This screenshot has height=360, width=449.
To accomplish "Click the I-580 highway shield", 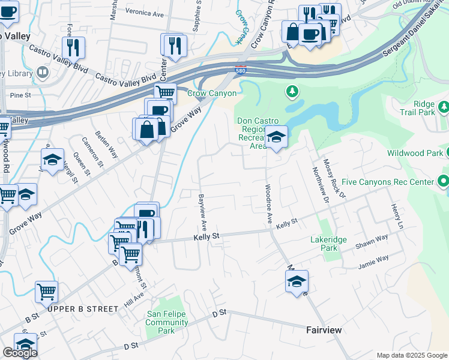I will tap(240, 70).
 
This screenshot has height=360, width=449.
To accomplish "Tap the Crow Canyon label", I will tap(212, 93).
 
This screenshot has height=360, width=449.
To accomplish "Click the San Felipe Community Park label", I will tap(167, 322).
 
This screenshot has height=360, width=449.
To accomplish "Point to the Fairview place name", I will tap(324, 330).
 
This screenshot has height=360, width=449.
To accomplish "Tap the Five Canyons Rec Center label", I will tap(387, 181).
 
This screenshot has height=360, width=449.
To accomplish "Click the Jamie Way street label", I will tap(373, 262).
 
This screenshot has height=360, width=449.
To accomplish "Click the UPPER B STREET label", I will tap(83, 308).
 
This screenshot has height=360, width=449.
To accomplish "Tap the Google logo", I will tap(19, 353).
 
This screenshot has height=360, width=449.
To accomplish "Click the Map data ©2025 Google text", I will tap(411, 355).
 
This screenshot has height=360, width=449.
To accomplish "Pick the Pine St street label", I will tap(20, 95).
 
